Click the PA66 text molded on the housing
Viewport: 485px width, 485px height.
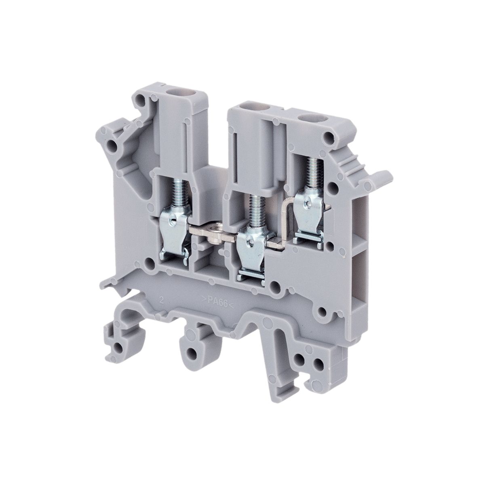tap(217, 302)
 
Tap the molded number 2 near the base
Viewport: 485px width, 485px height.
tap(161, 299)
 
